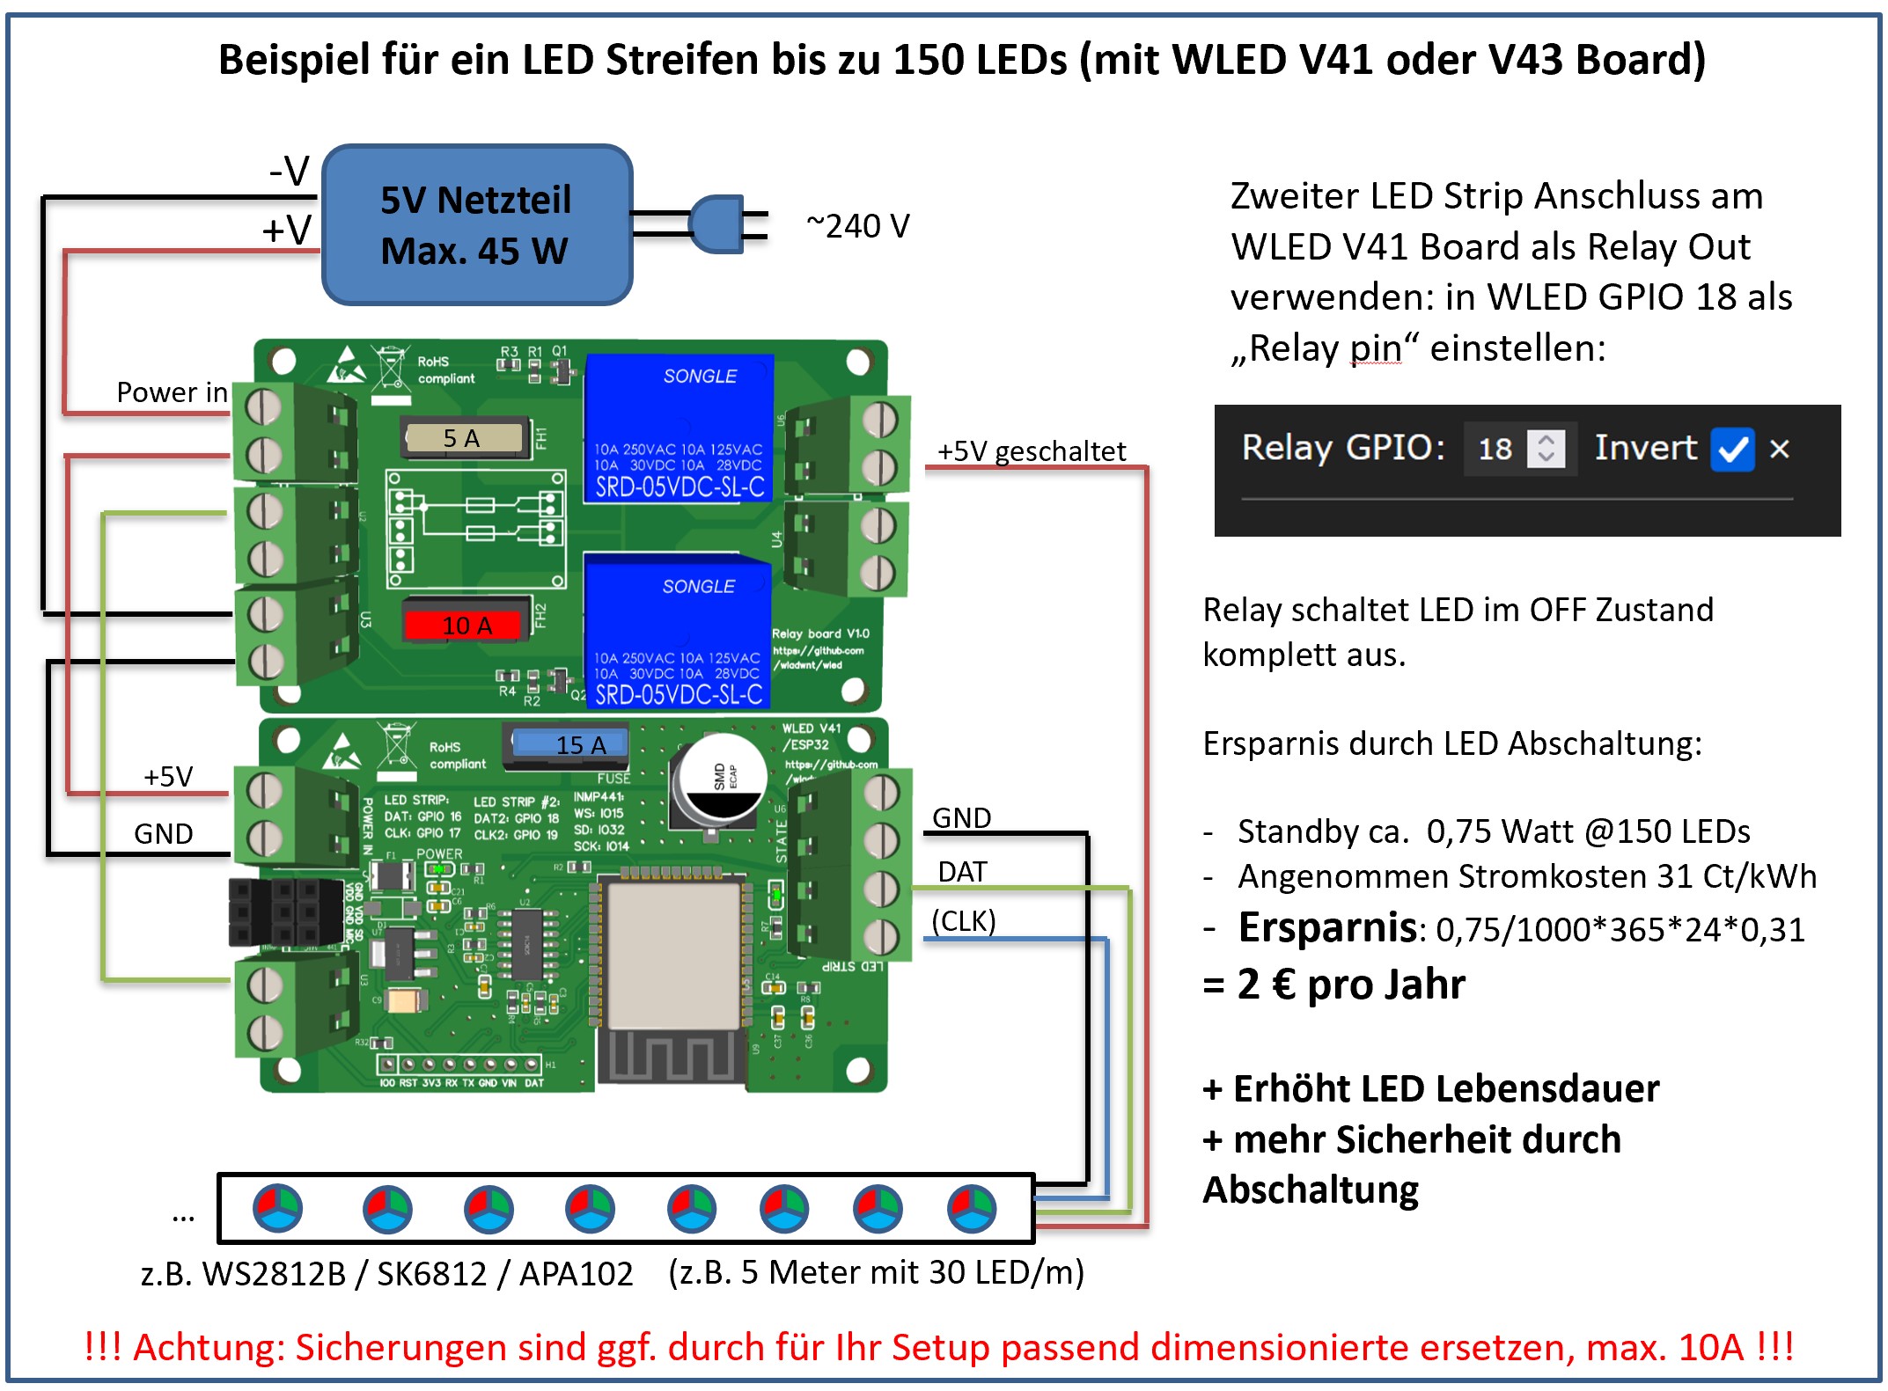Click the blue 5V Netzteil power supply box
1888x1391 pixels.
click(477, 225)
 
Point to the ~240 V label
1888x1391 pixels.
click(857, 226)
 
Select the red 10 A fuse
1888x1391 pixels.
click(467, 625)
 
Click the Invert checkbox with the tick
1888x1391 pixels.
click(1732, 449)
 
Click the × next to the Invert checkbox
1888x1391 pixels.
click(1780, 449)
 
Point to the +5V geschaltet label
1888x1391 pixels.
click(1031, 451)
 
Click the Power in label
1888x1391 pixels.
click(172, 392)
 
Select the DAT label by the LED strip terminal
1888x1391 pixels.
click(962, 872)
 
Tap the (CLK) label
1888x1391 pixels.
click(964, 921)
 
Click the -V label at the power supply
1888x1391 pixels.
click(290, 170)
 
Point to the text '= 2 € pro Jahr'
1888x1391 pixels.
click(1334, 984)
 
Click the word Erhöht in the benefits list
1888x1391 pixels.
click(1289, 1089)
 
